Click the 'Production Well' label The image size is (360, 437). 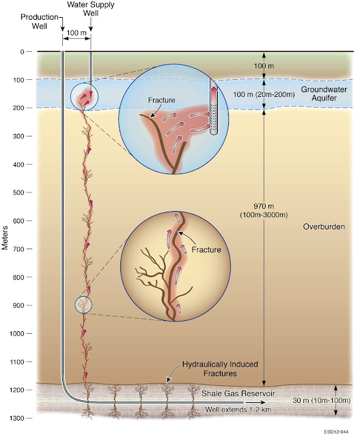tap(40, 21)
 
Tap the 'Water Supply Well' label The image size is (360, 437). tap(91, 9)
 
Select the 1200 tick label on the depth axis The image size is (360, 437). tap(18, 390)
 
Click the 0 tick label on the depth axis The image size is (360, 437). tap(22, 52)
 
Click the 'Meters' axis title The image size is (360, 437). tap(5, 238)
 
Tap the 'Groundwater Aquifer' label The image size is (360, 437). tap(324, 94)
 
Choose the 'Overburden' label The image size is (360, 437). tap(324, 227)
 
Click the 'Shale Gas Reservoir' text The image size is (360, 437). tap(238, 393)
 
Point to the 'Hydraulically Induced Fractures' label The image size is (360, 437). tap(220, 369)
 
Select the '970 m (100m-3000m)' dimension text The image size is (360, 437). tap(264, 211)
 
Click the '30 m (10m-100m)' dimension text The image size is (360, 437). tap(322, 401)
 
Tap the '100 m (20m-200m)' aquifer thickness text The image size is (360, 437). tap(264, 94)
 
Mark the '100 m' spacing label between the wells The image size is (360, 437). tap(77, 33)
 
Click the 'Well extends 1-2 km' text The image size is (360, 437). tap(238, 410)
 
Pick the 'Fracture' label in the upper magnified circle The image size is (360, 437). tap(162, 100)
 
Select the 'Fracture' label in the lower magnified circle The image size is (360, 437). tap(206, 249)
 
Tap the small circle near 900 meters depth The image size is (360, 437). tap(83, 305)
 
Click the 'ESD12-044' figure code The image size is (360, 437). tap(336, 432)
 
